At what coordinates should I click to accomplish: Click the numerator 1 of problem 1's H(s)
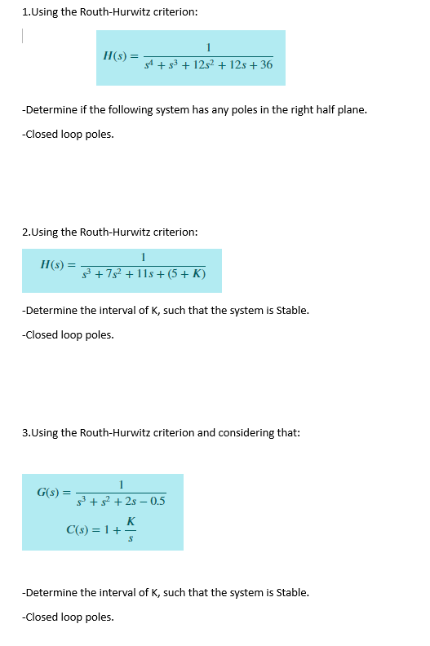pyautogui.click(x=210, y=46)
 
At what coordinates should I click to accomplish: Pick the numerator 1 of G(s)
pyautogui.click(x=121, y=484)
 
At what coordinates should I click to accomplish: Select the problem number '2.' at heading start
pyautogui.click(x=26, y=232)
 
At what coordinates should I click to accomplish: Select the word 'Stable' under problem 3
pyautogui.click(x=290, y=592)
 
